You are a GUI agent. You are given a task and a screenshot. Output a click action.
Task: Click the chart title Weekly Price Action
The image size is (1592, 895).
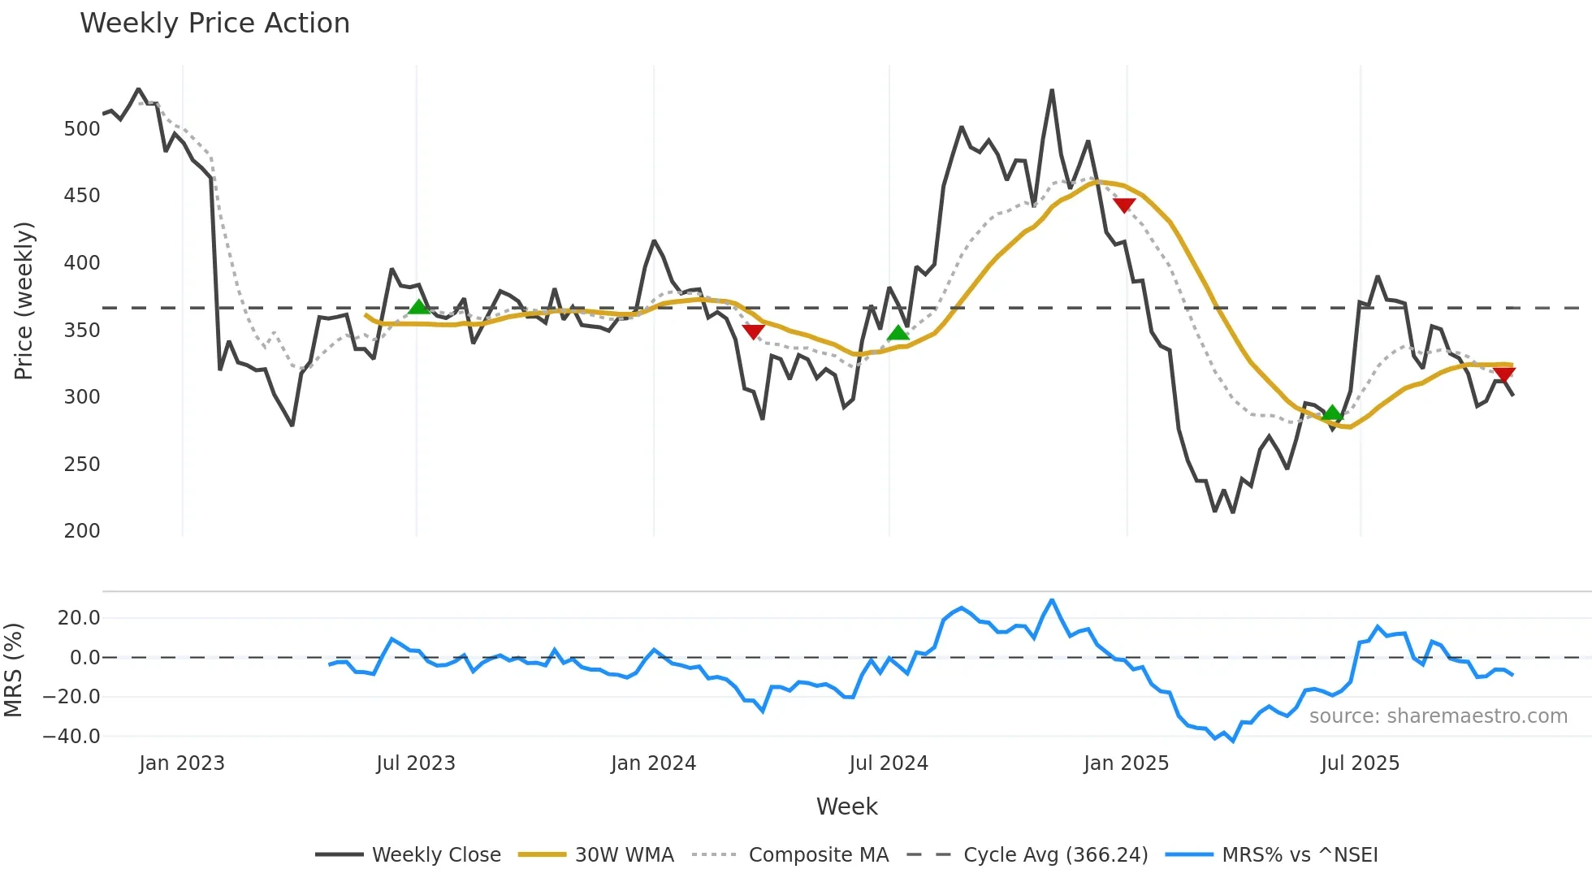(x=214, y=24)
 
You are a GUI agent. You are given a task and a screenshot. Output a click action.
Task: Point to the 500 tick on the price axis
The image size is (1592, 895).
(x=82, y=129)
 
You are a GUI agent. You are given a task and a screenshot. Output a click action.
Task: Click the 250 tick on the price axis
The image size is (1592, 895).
(x=82, y=465)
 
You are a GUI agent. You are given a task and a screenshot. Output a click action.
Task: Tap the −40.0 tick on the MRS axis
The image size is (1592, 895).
(x=71, y=737)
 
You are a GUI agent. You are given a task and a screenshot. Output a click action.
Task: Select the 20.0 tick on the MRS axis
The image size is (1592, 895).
(x=79, y=618)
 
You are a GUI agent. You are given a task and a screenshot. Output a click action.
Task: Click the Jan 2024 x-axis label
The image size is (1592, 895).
(x=653, y=763)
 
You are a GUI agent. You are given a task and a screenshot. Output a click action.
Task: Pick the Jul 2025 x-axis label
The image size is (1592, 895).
(x=1360, y=763)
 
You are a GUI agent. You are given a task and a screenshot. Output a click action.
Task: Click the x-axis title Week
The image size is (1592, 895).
(x=846, y=806)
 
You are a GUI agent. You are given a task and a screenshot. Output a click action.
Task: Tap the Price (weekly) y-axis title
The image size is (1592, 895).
(x=24, y=300)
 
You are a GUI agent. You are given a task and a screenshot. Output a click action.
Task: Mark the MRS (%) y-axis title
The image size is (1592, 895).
(x=13, y=670)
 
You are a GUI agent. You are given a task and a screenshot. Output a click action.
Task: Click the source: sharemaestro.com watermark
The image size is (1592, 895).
(x=1438, y=716)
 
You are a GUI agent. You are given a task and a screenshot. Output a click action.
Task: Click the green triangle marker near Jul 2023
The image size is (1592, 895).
(x=418, y=306)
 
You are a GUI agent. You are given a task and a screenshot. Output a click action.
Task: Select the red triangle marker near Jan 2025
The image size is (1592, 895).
(x=1124, y=205)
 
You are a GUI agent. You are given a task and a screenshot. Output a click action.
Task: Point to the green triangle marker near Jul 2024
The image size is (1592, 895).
(x=898, y=332)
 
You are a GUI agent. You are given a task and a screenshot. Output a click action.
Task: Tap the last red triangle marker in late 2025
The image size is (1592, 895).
(x=1503, y=374)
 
